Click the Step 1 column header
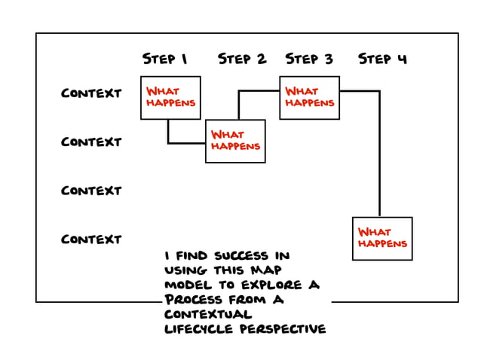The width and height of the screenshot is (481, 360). pyautogui.click(x=164, y=59)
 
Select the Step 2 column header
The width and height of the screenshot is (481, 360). pyautogui.click(x=242, y=59)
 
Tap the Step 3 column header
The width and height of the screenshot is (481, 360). pyautogui.click(x=309, y=59)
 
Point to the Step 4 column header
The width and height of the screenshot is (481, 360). pyautogui.click(x=382, y=59)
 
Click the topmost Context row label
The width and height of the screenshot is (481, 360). pyautogui.click(x=91, y=94)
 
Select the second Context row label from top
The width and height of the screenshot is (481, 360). pyautogui.click(x=91, y=142)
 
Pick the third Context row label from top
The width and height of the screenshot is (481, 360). pyautogui.click(x=91, y=191)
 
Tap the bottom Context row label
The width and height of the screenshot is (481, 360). pyautogui.click(x=91, y=239)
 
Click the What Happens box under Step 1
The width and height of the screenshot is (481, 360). pyautogui.click(x=170, y=97)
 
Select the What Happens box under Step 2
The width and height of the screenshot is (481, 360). pyautogui.click(x=235, y=141)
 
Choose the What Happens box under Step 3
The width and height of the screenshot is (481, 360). pyautogui.click(x=309, y=97)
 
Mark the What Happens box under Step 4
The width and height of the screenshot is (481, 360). pyautogui.click(x=382, y=238)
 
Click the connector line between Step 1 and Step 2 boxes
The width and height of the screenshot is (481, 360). pyautogui.click(x=185, y=142)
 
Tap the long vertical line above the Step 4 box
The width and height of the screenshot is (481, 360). pyautogui.click(x=379, y=158)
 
